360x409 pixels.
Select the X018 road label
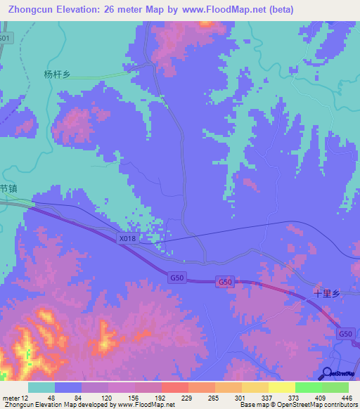(x=127, y=239)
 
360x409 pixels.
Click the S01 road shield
(x=5, y=38)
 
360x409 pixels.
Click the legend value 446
(x=347, y=397)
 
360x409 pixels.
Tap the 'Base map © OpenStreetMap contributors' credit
(x=297, y=405)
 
